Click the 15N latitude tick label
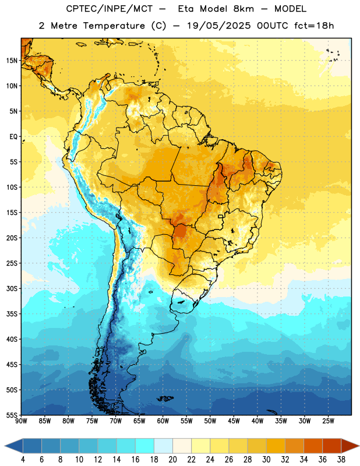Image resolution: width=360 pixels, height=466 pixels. click(x=12, y=61)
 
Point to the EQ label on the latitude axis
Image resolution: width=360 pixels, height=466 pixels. click(x=13, y=137)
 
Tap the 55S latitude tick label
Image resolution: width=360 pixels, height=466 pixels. click(x=12, y=415)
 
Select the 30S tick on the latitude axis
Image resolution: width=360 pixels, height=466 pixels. click(x=12, y=288)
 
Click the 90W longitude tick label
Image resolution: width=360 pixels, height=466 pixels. click(x=22, y=421)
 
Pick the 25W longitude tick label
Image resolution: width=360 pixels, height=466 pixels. click(x=328, y=421)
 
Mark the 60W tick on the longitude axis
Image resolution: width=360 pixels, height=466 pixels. click(x=163, y=421)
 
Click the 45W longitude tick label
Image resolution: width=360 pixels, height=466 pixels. click(x=234, y=421)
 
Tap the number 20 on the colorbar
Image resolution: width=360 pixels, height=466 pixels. click(x=172, y=460)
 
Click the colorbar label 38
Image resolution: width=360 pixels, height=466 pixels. click(x=341, y=460)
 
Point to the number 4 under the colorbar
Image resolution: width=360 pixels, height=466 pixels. click(x=23, y=460)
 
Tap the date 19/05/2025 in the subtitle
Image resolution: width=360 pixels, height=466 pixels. click(x=219, y=26)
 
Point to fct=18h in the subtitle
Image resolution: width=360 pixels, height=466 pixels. click(x=314, y=26)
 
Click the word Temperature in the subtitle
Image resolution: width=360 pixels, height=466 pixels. click(x=114, y=26)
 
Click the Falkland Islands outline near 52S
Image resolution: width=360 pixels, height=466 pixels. click(x=165, y=398)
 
